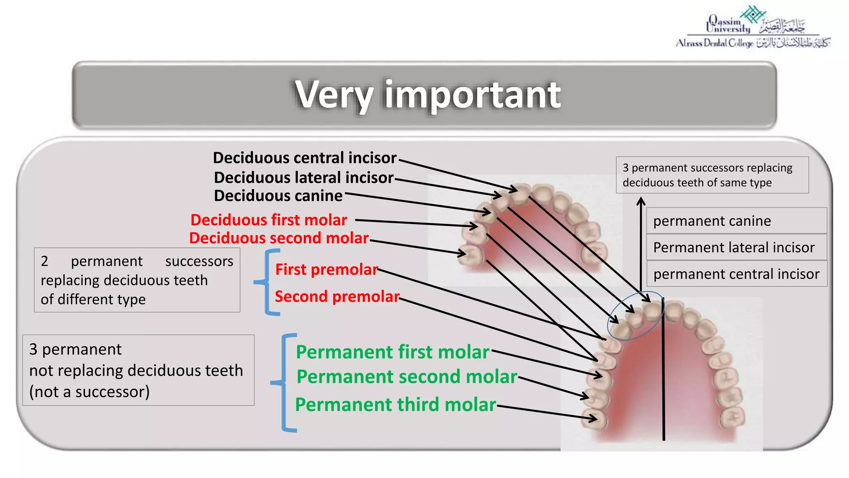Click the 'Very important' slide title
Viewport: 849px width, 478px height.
427,95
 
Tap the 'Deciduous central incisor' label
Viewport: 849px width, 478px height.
305,158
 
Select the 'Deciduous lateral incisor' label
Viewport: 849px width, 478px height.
303,178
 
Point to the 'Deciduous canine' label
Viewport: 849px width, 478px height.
278,196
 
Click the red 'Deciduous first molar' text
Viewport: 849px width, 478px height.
269,220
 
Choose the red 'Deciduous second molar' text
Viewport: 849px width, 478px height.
279,238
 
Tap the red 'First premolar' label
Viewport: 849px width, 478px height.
326,270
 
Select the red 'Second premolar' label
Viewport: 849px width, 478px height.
337,297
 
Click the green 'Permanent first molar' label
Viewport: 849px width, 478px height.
392,352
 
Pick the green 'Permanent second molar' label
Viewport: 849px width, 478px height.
407,377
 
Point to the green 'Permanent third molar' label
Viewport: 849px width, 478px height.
395,405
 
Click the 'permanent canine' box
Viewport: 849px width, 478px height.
736,221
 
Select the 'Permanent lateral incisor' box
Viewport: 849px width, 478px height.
736,247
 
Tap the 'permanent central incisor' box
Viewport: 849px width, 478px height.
736,274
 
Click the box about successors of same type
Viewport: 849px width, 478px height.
712,175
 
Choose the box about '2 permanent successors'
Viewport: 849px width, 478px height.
137,280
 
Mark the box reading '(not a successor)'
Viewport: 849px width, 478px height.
138,370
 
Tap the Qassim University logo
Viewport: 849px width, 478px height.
752,27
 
